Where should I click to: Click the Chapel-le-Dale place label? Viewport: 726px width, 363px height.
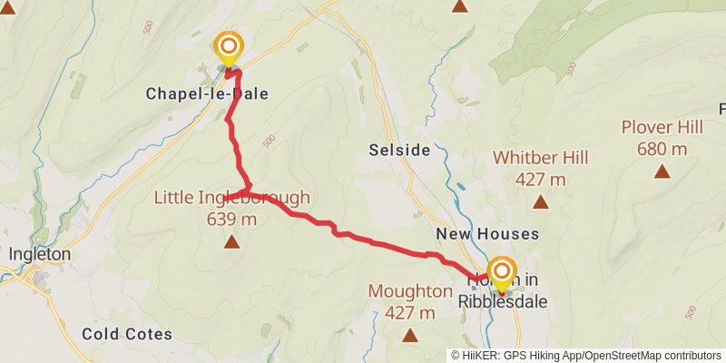pos(200,93)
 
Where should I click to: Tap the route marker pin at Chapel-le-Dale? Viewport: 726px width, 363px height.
pos(228,48)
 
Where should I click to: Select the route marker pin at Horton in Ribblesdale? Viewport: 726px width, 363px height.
pos(501,273)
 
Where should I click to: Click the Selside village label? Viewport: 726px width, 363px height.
pos(399,150)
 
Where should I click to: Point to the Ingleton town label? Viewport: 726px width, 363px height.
pos(39,255)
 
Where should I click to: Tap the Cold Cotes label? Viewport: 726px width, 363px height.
pos(127,334)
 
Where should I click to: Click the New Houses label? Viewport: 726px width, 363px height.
pos(500,234)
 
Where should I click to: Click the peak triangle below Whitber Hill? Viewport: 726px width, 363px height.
pos(541,202)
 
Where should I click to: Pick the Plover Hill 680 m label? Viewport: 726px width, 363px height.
pos(662,136)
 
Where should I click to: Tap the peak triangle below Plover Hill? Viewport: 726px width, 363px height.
pos(662,171)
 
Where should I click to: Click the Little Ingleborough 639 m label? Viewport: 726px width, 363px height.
pos(232,208)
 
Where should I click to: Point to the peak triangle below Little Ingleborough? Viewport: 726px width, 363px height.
pos(232,241)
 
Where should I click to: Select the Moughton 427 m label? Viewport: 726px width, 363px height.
pos(410,301)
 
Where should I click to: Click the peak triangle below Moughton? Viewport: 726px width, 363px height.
pos(410,335)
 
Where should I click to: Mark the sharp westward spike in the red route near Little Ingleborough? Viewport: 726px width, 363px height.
pos(225,197)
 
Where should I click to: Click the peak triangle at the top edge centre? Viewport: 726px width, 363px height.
pos(460,6)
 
